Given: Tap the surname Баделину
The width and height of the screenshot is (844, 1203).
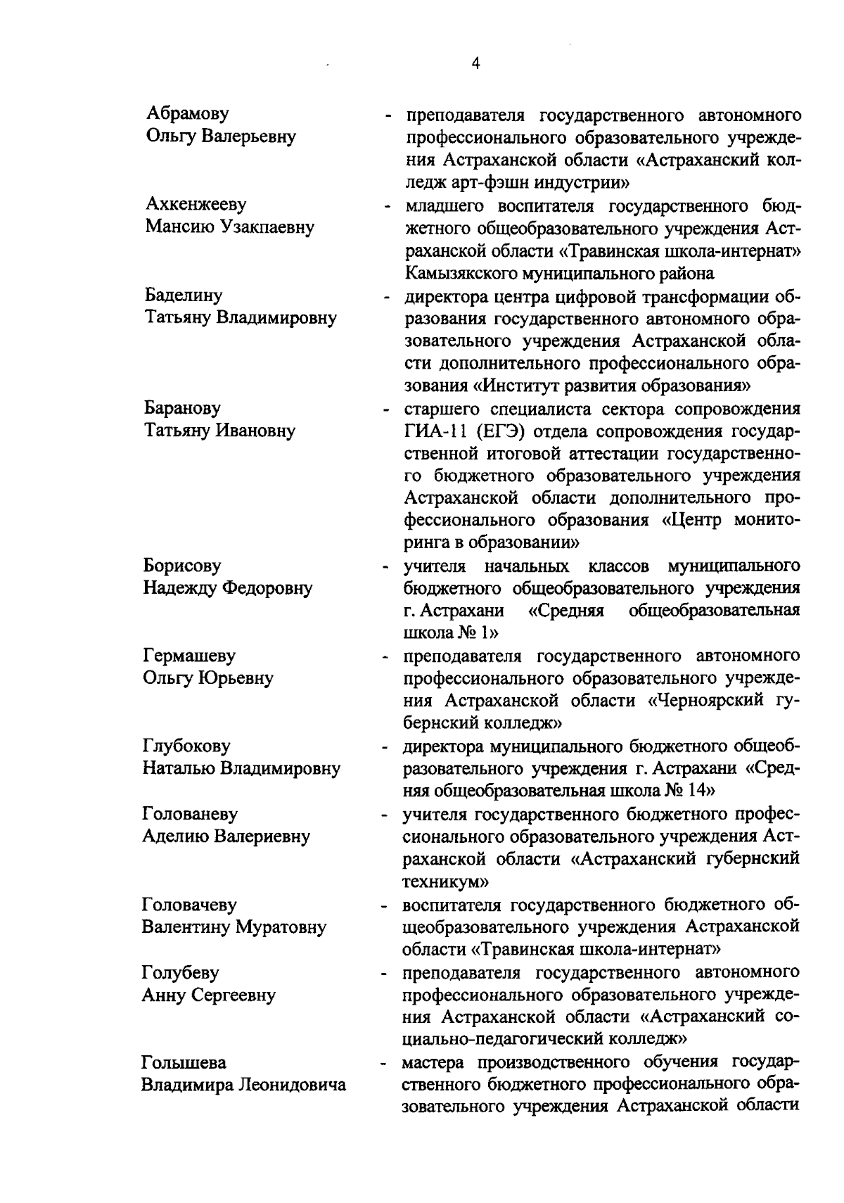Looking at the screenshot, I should coord(183,295).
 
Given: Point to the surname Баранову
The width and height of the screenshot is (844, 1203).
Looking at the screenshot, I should coord(182,408).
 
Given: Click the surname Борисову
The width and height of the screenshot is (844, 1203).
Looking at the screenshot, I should coord(182,566).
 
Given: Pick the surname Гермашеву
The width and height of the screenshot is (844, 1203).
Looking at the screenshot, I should coord(188,656).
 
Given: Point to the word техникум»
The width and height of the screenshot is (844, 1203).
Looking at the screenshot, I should coord(445,881).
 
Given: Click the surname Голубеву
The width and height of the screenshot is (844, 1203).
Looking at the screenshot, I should coord(181,972).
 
